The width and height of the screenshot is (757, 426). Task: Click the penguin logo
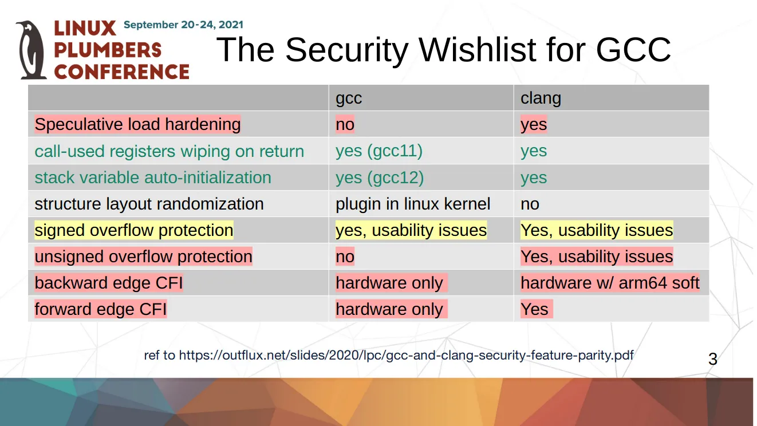click(x=31, y=50)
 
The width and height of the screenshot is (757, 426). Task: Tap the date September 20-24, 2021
click(x=183, y=25)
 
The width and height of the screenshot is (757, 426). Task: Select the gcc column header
click(x=349, y=98)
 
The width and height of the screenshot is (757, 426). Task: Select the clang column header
click(x=541, y=98)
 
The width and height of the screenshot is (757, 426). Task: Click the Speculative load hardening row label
click(x=137, y=124)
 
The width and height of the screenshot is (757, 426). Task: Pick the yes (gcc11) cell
click(x=379, y=151)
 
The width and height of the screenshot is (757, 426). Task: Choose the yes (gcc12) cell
click(x=380, y=178)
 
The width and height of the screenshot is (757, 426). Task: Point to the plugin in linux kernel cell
click(x=413, y=204)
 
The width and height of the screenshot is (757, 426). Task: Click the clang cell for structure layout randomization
click(x=530, y=204)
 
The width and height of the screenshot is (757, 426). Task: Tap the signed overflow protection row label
click(x=134, y=230)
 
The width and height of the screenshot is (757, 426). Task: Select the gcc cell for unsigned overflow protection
click(x=345, y=257)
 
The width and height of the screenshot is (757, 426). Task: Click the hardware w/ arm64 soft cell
click(x=610, y=283)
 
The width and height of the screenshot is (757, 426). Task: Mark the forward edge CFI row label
click(x=101, y=309)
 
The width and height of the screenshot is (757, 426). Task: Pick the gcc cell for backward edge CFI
click(x=391, y=283)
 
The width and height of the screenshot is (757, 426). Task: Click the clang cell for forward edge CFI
click(x=537, y=309)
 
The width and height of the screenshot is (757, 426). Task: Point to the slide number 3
click(x=713, y=359)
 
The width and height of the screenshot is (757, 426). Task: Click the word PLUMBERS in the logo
click(x=108, y=50)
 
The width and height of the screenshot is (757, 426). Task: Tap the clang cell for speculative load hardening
click(x=534, y=124)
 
